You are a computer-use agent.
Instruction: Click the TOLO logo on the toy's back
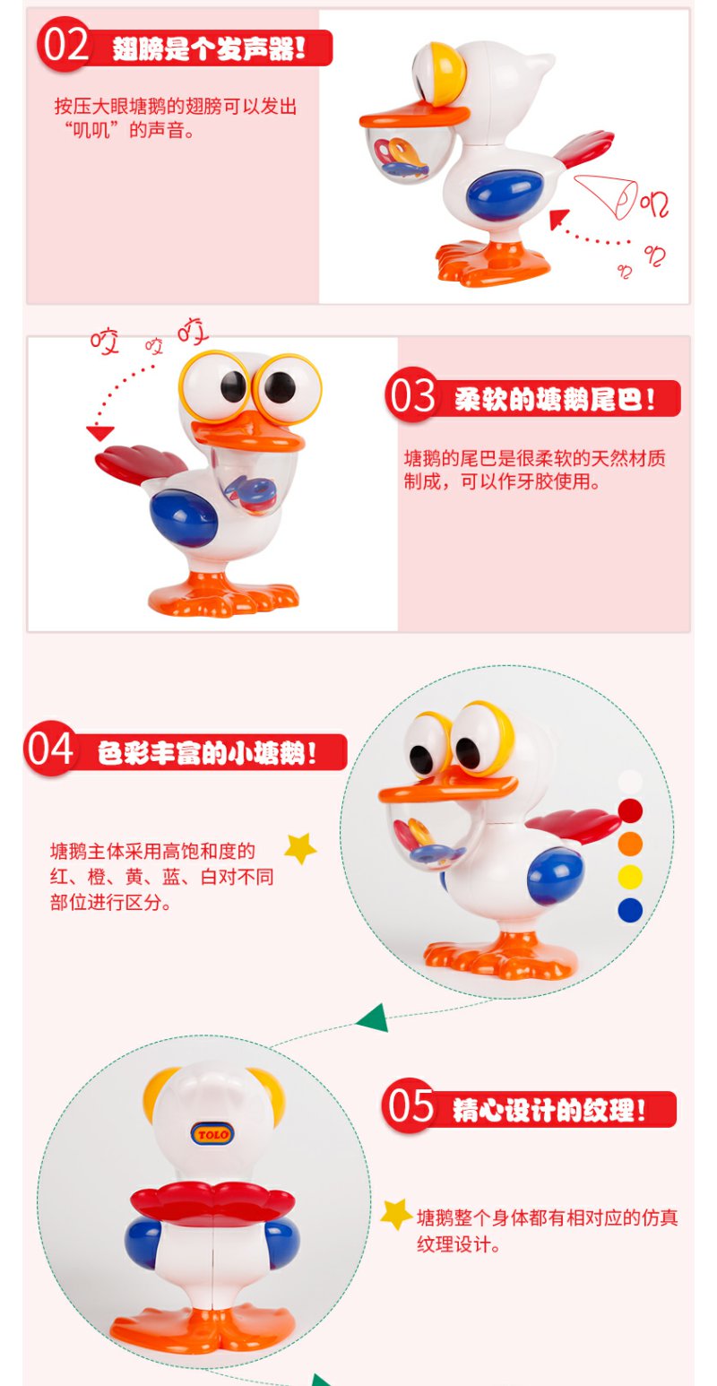click(x=212, y=1133)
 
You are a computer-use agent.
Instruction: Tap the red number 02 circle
click(x=65, y=45)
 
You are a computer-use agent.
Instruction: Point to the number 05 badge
click(x=409, y=1105)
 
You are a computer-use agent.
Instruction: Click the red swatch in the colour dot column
click(x=630, y=810)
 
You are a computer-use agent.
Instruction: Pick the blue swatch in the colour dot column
click(x=630, y=910)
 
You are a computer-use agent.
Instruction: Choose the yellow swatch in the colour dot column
click(x=630, y=877)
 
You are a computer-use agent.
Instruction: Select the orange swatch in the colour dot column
click(x=630, y=844)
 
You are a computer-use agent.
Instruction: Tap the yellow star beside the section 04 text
click(x=300, y=848)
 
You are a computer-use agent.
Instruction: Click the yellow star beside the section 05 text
click(x=396, y=1214)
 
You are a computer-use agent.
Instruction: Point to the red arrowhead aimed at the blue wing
click(x=558, y=219)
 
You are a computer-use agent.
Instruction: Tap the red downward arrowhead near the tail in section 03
click(x=99, y=432)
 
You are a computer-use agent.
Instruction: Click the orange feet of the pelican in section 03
click(x=222, y=595)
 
